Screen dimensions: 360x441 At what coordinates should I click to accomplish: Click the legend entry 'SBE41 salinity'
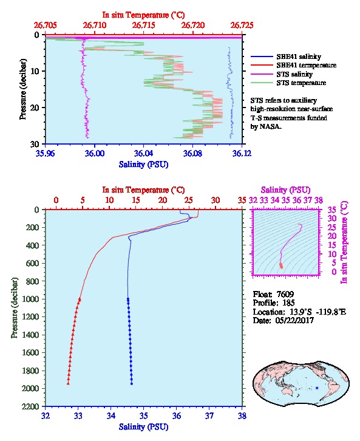[299, 56]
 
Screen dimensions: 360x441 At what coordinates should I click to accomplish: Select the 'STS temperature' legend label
[301, 83]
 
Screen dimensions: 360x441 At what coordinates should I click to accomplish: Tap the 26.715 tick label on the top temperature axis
[144, 26]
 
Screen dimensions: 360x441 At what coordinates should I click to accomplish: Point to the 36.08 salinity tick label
[192, 154]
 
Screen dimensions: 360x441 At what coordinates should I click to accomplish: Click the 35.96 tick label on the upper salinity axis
[46, 154]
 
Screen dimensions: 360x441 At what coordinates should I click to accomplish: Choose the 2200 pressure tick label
[30, 406]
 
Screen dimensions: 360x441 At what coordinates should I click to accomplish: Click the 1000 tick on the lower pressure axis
[30, 299]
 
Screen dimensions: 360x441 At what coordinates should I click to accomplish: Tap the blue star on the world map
[317, 388]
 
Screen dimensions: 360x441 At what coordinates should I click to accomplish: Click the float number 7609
[285, 294]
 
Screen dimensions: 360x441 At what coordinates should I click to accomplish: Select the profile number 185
[288, 303]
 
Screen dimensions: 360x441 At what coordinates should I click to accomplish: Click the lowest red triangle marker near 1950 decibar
[68, 383]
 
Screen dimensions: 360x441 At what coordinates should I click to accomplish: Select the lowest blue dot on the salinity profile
[132, 384]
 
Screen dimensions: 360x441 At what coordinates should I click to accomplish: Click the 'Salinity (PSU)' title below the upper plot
[144, 165]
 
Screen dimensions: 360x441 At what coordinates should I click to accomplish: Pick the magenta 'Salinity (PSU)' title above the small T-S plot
[286, 190]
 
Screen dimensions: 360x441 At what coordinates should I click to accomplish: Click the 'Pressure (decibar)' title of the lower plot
[15, 308]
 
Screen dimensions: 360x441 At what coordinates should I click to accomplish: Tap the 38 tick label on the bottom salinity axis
[242, 415]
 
